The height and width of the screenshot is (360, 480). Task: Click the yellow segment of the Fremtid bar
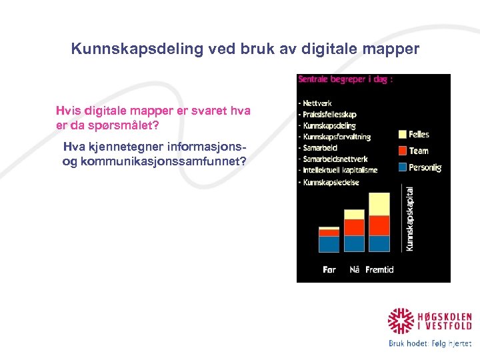click(379, 204)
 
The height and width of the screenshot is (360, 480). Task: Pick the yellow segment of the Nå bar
click(355, 214)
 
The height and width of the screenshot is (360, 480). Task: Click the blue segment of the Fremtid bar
click(379, 243)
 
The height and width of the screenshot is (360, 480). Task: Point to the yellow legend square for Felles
click(402, 135)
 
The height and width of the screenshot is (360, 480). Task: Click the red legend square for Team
click(402, 151)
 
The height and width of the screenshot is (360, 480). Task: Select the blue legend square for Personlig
click(402, 167)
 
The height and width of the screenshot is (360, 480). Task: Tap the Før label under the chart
click(329, 270)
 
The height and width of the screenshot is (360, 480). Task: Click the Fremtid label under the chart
click(379, 270)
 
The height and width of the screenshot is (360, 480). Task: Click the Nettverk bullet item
click(319, 103)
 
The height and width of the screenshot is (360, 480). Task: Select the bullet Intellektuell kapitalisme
click(340, 170)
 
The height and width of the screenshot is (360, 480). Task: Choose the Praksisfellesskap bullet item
click(331, 115)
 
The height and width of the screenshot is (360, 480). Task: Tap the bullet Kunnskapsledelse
click(332, 181)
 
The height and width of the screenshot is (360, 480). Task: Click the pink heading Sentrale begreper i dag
click(345, 79)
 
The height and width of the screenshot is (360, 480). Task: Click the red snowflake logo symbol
click(401, 321)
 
